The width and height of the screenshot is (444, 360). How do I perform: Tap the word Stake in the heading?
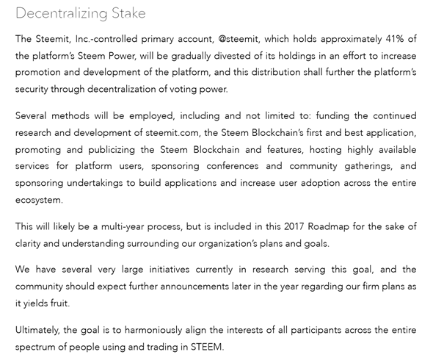pyautogui.click(x=128, y=13)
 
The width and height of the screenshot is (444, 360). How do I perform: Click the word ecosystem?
pyautogui.click(x=39, y=200)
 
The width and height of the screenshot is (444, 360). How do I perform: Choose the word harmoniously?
pyautogui.click(x=157, y=330)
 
